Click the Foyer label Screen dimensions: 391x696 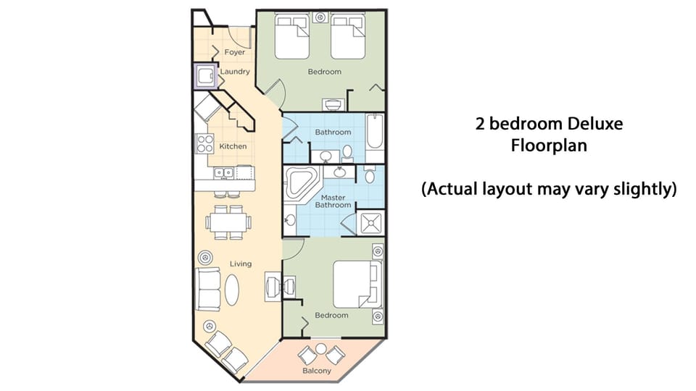[234, 53]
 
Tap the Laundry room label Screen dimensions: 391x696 [235, 72]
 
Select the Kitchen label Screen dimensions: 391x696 [233, 146]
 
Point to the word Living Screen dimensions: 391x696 [241, 264]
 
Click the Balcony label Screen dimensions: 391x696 [317, 371]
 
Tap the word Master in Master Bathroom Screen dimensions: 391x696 [333, 197]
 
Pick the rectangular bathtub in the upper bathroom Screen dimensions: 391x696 [374, 138]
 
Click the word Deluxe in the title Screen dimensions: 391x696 [588, 124]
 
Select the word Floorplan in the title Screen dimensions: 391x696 [548, 146]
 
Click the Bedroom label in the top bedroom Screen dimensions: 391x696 [324, 72]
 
